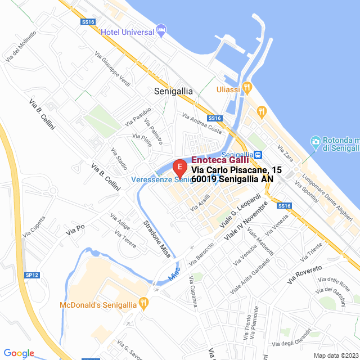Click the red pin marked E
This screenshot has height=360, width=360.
(179, 168)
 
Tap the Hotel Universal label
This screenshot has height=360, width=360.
(128, 31)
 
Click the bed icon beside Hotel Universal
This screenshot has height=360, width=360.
(161, 29)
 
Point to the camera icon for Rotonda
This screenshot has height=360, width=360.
(316, 141)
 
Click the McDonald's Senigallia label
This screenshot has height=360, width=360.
(98, 305)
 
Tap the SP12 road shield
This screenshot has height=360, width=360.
(33, 275)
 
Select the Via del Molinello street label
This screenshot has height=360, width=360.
(21, 46)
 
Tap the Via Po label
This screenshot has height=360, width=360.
(75, 229)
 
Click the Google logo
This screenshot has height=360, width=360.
(19, 353)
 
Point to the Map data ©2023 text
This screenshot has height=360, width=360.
(335, 355)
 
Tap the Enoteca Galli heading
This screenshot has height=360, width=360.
(220, 160)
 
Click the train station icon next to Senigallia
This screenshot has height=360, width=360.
(257, 155)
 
